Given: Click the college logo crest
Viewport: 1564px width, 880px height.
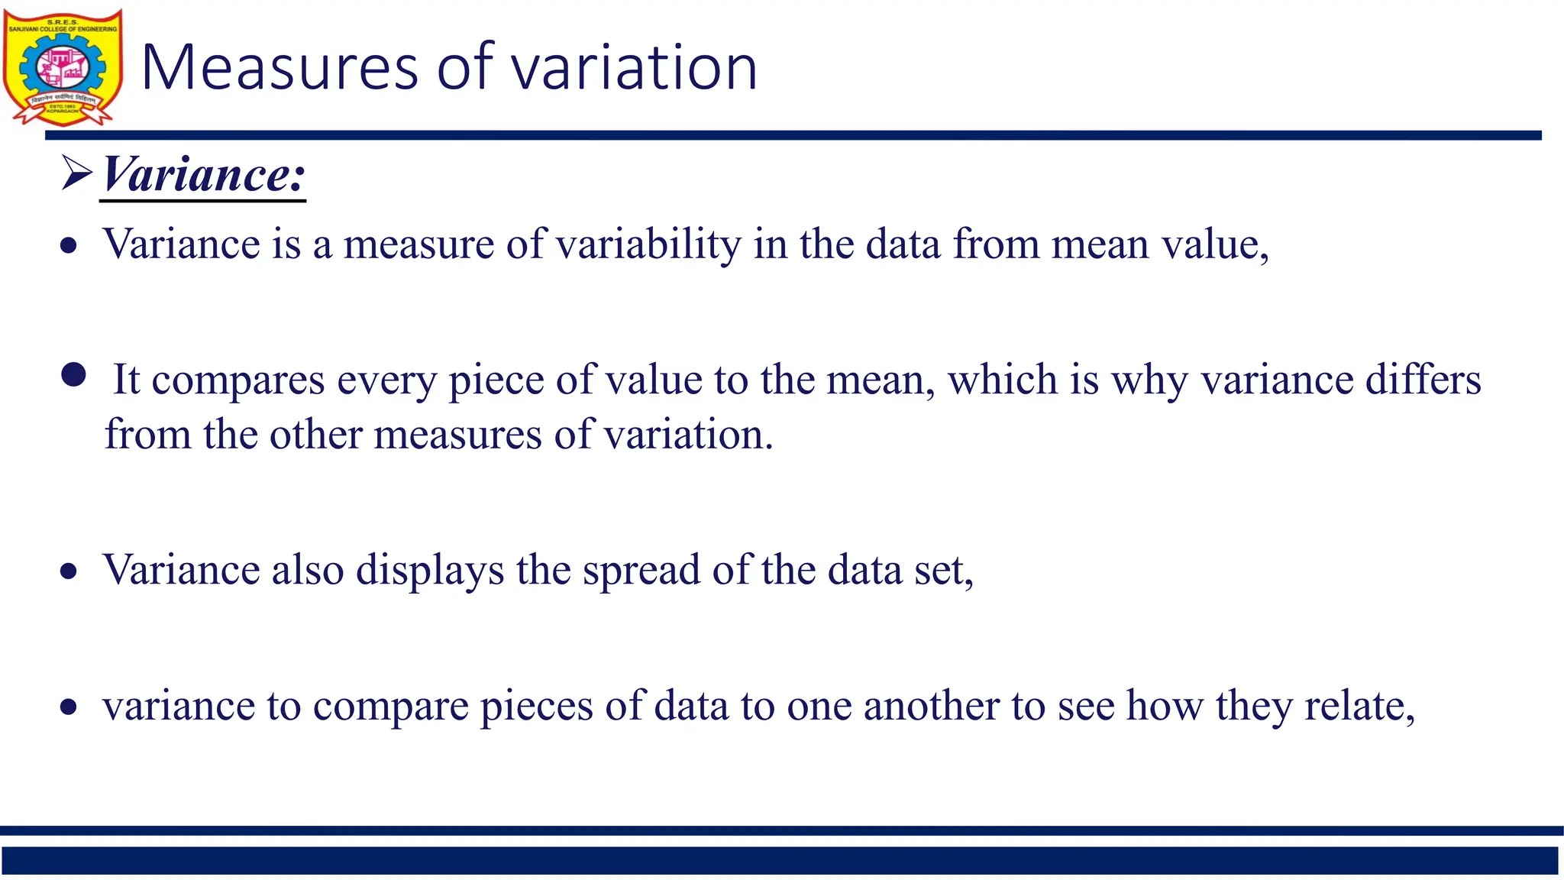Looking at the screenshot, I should point(63,67).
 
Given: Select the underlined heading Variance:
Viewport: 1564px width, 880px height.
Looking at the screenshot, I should point(203,174).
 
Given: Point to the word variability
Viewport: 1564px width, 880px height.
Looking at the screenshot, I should point(648,244).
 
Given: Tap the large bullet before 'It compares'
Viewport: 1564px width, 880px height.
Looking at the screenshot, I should point(73,375).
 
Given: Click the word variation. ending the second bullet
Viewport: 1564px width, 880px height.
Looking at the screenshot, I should point(688,435).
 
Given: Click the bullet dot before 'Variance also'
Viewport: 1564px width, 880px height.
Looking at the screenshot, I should point(69,571).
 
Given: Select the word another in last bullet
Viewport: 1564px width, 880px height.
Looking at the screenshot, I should point(931,705).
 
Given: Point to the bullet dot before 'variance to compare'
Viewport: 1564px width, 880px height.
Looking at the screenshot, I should point(69,707).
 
